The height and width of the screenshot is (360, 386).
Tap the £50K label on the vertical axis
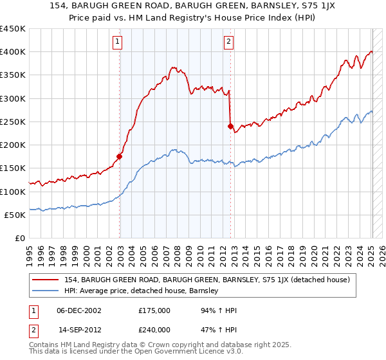[15, 215]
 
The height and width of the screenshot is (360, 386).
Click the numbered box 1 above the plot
[118, 42]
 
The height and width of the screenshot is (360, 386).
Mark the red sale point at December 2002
[120, 156]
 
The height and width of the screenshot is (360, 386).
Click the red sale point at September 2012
[230, 126]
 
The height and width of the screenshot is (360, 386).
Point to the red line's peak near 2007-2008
[173, 66]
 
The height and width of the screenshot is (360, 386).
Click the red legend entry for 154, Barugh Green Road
[207, 280]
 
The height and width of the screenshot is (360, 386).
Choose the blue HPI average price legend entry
[142, 291]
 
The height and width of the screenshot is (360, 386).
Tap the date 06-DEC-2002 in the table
[79, 310]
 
